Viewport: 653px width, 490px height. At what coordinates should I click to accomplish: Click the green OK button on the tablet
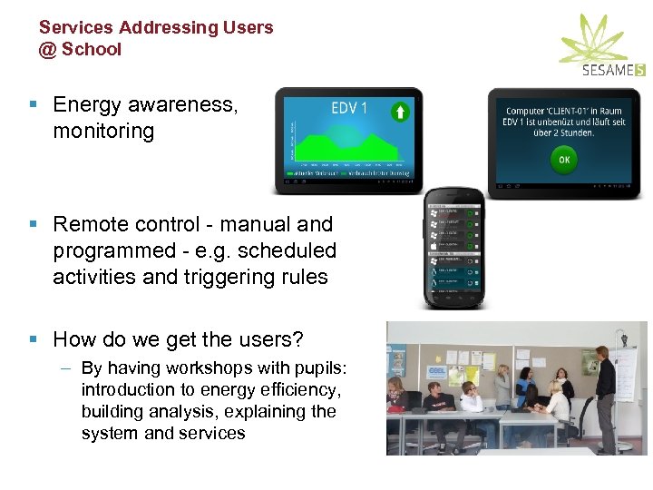[x=563, y=161]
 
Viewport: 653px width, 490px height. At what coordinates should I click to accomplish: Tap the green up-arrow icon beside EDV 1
[x=400, y=112]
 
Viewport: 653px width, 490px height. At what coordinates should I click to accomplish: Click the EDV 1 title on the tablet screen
[x=349, y=109]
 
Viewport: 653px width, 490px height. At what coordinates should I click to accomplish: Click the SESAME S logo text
[x=614, y=69]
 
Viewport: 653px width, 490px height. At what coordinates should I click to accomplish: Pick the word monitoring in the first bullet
[x=103, y=131]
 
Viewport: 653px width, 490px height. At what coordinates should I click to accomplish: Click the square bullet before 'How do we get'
[x=34, y=340]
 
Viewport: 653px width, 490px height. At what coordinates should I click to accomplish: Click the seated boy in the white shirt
[x=469, y=408]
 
